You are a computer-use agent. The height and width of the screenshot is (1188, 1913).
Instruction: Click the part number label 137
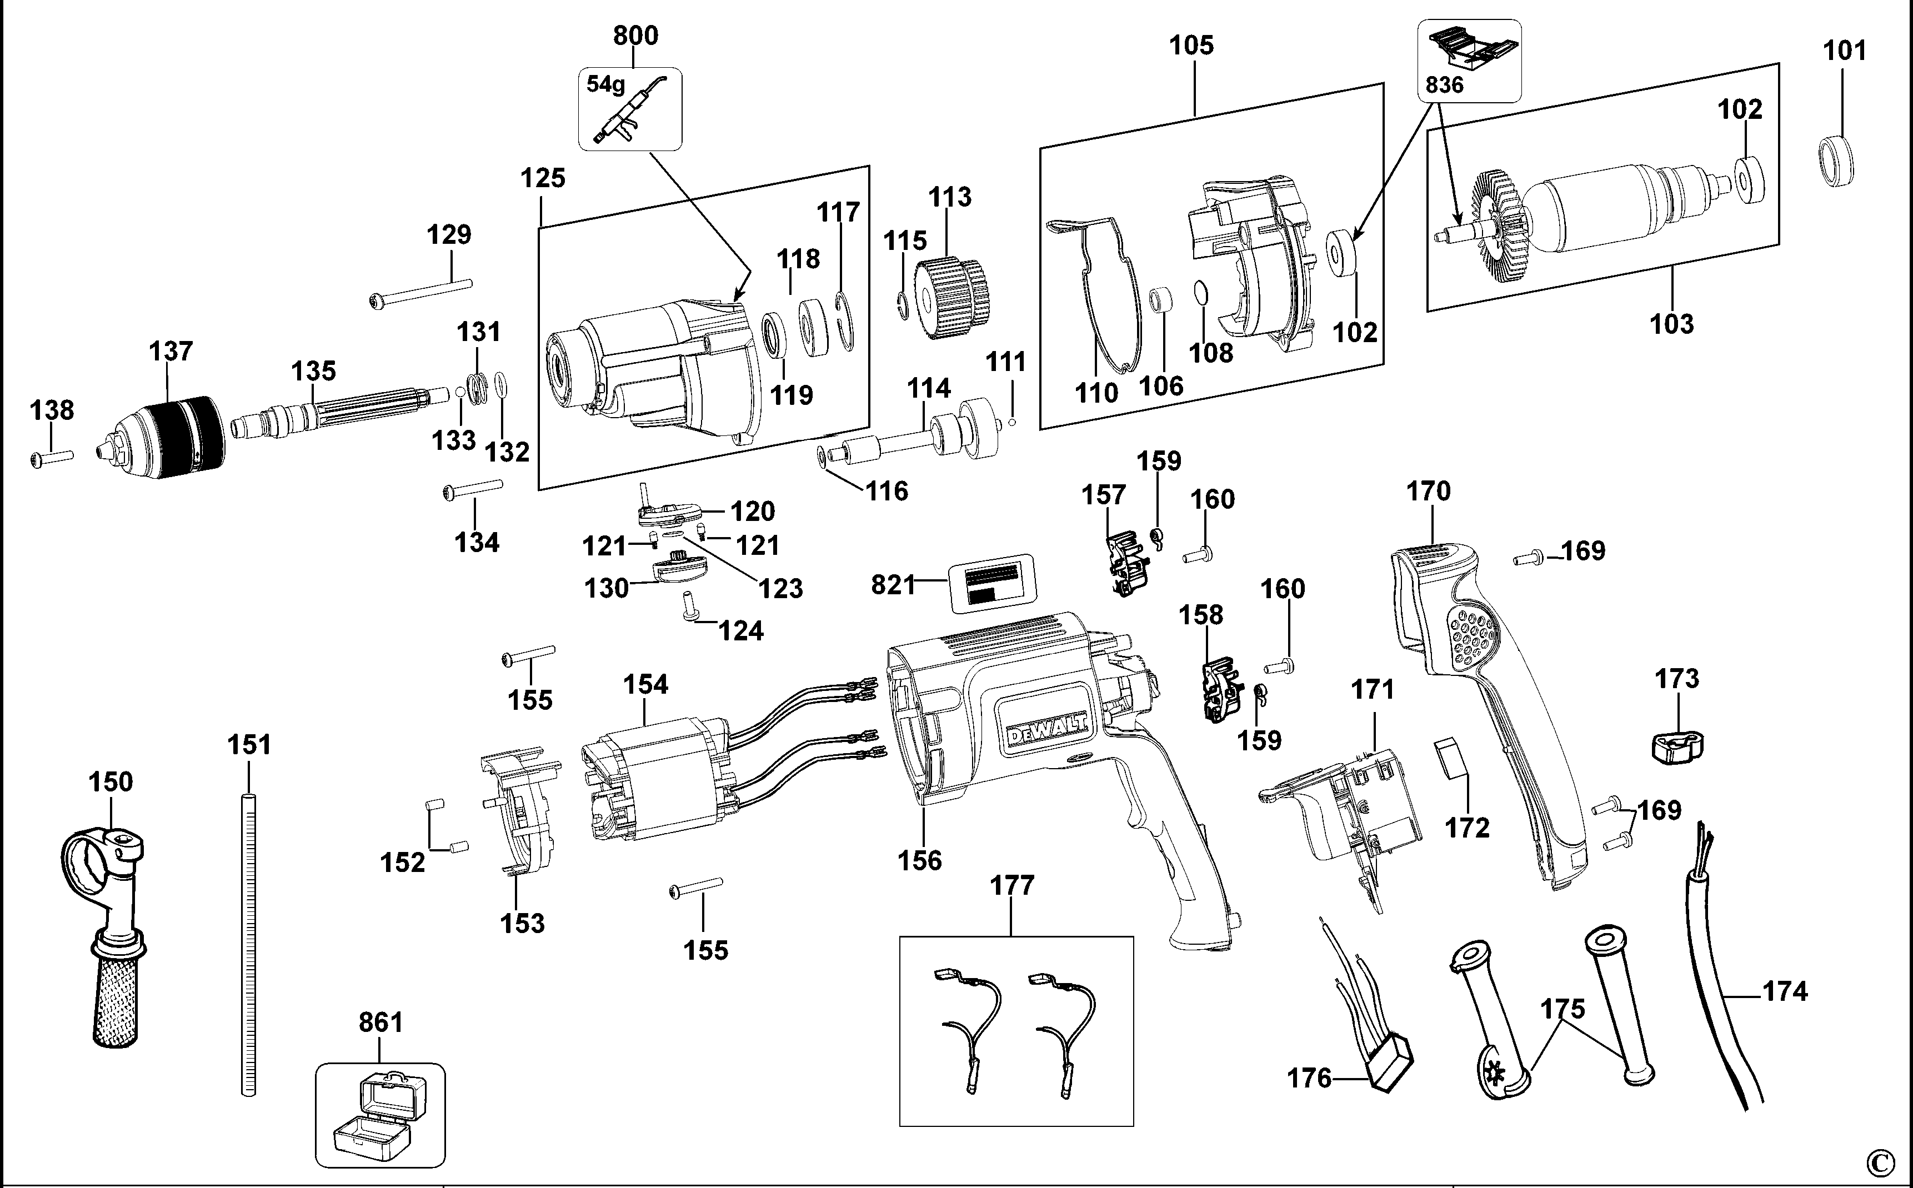coord(171,351)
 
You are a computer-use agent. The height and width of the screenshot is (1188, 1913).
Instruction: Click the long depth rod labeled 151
coord(248,943)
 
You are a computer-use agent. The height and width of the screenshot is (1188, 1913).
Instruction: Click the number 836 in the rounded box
coord(1445,86)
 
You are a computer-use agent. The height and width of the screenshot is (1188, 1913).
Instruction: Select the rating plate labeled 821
coord(991,583)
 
